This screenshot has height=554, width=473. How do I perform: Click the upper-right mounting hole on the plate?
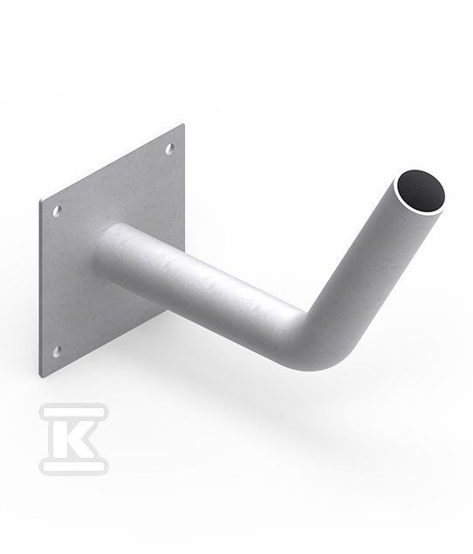[170, 149]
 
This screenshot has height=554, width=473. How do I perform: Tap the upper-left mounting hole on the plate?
[57, 211]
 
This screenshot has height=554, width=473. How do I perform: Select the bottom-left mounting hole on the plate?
[57, 351]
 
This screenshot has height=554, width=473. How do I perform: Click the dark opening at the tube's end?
[420, 190]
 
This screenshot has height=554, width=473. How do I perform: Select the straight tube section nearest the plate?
[198, 282]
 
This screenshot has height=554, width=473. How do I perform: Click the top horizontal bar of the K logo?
[73, 412]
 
